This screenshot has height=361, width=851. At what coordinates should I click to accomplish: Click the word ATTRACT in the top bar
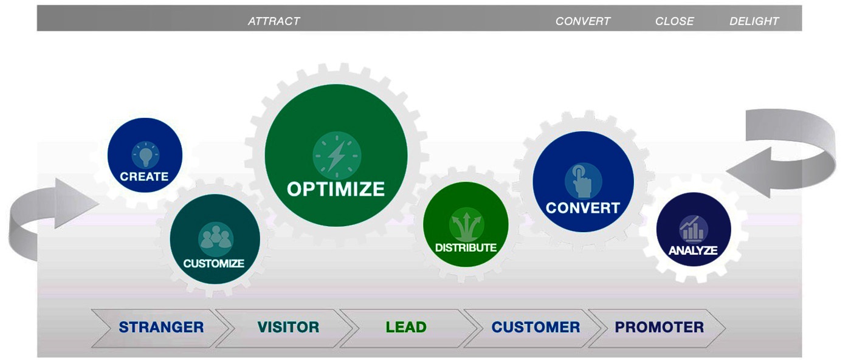coord(274,21)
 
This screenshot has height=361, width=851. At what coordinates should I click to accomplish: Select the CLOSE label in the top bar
coord(674,21)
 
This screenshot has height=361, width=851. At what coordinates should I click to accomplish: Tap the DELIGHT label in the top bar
coord(754,21)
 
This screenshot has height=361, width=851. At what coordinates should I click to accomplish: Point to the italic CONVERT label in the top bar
coord(583,21)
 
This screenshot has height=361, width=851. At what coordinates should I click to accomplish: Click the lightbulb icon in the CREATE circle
coord(145,154)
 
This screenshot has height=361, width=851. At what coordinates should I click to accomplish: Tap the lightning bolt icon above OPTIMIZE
coord(337,156)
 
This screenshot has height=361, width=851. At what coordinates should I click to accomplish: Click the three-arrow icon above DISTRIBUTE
coord(467,225)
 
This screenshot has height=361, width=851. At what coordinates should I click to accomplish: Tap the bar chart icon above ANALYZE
coord(694,229)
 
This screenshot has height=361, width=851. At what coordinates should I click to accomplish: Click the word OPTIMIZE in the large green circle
coord(336,189)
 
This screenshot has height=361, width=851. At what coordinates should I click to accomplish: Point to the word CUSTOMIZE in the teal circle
coord(213,263)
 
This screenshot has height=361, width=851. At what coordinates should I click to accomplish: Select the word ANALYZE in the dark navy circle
coord(693,250)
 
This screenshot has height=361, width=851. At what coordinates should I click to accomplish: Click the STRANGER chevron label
coord(161,327)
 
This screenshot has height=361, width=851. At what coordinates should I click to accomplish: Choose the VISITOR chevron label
coord(288,327)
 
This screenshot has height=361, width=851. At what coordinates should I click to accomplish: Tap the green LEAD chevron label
coord(406,327)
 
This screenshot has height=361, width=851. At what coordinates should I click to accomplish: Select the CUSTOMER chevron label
coord(536,327)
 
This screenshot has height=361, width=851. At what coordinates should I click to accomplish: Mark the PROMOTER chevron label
coord(660,327)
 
